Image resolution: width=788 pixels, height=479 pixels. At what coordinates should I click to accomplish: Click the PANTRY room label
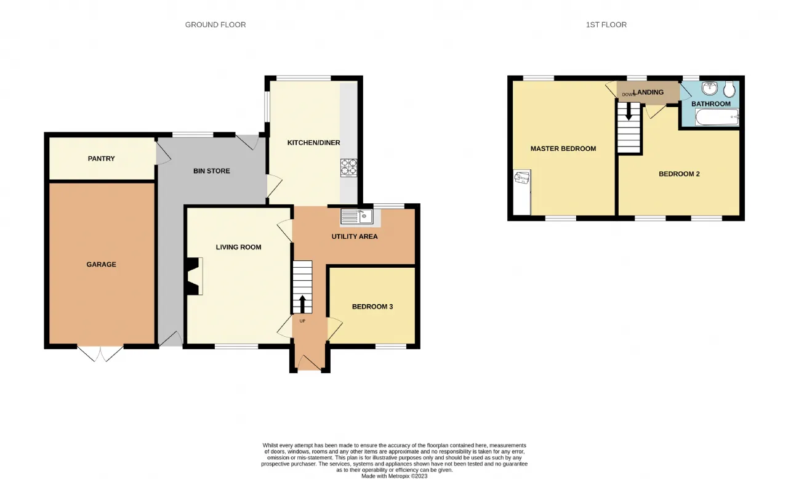coord(102,159)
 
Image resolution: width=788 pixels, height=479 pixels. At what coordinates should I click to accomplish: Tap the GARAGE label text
coord(102,265)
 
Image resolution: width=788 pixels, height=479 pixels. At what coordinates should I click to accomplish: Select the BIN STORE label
coord(212,171)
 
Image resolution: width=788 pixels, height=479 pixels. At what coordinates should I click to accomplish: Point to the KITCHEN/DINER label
coord(314,143)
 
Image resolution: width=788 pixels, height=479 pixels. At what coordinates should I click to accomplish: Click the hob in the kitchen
coord(348,167)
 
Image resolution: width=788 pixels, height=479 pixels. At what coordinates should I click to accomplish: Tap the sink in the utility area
coord(356,216)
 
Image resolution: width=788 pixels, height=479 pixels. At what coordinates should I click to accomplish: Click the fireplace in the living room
coord(195,276)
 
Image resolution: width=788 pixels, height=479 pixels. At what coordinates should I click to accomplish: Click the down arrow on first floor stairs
coord(629,111)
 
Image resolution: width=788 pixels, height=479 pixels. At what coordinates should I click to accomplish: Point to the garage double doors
coord(100,353)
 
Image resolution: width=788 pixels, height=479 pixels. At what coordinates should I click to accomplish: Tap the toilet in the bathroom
coord(730,89)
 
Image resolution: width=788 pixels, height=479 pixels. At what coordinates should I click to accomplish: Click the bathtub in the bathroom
coord(717,117)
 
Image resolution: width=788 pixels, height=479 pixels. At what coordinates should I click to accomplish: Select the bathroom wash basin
coord(710,88)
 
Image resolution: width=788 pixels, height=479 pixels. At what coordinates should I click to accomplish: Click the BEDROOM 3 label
coord(372,307)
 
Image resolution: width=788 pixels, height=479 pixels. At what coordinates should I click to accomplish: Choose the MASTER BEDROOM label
coord(563,149)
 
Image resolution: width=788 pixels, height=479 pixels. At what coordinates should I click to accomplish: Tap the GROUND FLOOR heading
coord(215,25)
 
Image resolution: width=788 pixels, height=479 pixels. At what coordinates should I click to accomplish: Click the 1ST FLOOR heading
coord(606,25)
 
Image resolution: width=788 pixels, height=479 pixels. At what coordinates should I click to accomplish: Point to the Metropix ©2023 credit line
coord(395,476)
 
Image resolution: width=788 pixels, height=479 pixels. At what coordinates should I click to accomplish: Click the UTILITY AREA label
coord(355,236)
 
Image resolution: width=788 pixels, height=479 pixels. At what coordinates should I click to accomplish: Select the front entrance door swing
coord(310,363)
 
